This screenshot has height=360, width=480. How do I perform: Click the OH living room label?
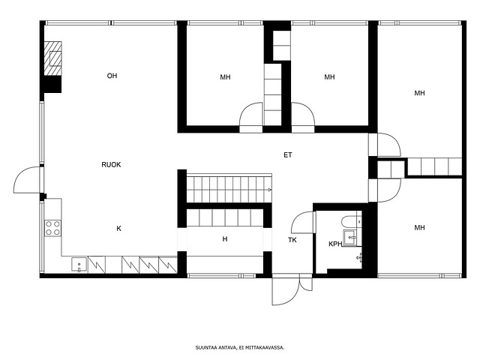(112, 76)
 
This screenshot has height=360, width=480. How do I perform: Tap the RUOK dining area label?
(111, 165)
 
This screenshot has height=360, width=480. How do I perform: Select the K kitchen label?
(118, 228)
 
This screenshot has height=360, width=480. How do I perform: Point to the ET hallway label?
(288, 155)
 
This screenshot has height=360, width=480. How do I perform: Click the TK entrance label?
(292, 240)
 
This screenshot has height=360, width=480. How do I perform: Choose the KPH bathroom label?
(335, 244)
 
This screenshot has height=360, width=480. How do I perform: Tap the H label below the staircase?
(225, 239)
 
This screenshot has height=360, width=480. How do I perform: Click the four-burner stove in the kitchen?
(53, 228)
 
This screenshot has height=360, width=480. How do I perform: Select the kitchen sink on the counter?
(79, 265)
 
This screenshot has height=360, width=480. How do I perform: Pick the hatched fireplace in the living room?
(53, 58)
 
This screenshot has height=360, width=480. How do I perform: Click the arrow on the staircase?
(270, 190)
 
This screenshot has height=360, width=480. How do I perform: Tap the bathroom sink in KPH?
(351, 238)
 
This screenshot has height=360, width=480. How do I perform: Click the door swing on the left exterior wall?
(27, 180)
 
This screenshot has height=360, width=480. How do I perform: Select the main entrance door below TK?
(285, 290)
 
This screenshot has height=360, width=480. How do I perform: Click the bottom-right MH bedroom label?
(419, 227)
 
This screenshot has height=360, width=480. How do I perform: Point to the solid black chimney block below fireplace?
(52, 84)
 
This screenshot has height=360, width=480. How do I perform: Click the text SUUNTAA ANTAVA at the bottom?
(215, 347)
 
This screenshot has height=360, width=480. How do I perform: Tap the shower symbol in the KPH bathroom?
(360, 258)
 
